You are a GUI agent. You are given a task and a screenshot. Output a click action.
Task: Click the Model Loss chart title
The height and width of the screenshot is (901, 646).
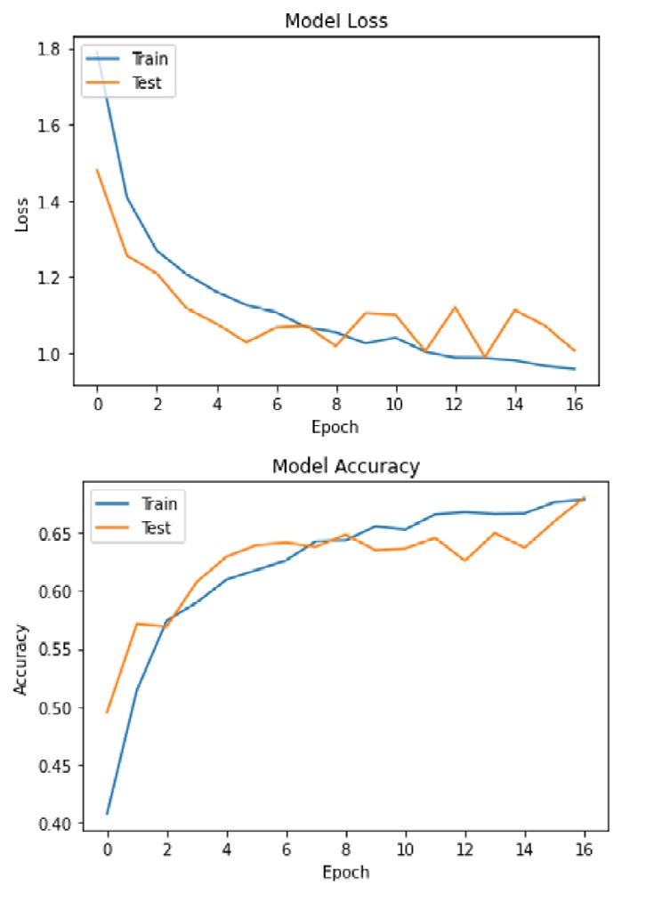point(335,20)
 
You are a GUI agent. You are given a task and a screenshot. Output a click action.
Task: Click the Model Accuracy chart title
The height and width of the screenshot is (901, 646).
point(345,465)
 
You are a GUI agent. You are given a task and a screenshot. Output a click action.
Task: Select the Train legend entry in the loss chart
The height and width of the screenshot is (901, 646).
point(149,60)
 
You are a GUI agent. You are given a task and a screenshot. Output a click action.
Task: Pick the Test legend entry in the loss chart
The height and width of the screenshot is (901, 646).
point(148,84)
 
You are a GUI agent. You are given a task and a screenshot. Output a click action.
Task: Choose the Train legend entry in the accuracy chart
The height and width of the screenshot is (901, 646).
point(159,503)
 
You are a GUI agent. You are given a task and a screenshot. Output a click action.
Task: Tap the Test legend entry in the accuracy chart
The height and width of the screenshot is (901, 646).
point(157,528)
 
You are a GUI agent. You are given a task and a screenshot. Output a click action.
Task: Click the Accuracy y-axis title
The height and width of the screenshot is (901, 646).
point(20,658)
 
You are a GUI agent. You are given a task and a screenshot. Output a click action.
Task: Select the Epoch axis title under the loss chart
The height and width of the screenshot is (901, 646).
point(335,427)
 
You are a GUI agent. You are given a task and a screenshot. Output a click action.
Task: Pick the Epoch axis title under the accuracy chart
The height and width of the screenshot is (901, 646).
point(345,872)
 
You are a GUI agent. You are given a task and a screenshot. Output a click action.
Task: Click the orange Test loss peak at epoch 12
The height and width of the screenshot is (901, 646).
point(456,307)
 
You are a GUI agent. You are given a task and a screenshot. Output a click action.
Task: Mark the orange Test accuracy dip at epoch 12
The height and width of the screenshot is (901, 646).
point(464,560)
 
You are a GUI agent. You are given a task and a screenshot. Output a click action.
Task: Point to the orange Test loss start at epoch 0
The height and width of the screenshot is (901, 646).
point(96,169)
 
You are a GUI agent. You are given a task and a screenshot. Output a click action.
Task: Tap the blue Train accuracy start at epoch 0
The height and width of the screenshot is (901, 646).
point(107,814)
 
